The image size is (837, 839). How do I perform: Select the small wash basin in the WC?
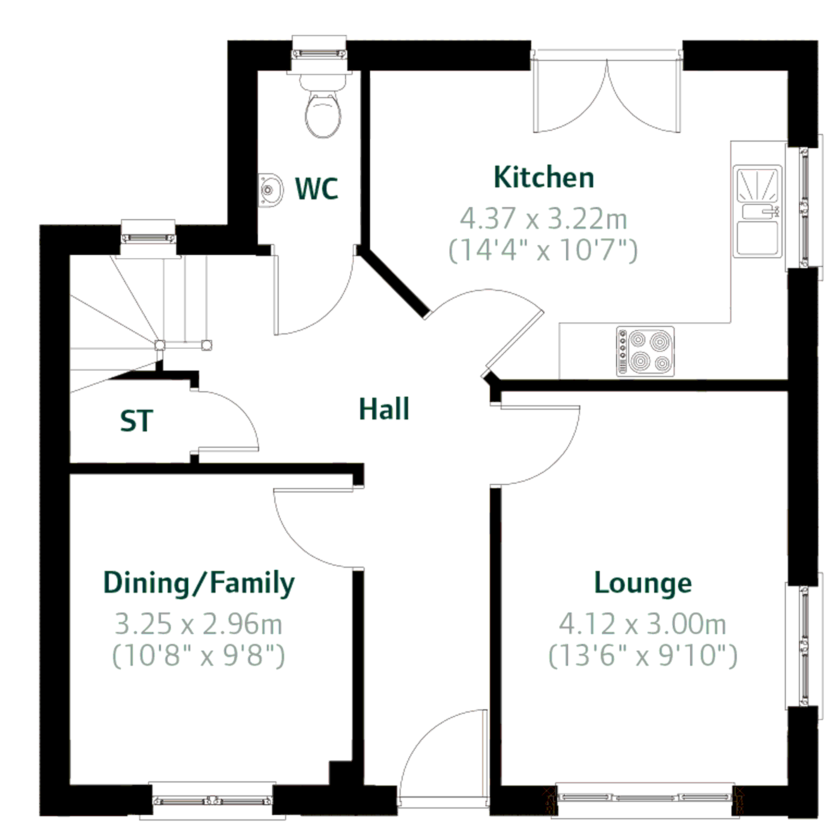270,190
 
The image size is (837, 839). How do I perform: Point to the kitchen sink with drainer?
757,211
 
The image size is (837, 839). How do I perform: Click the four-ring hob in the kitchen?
646,351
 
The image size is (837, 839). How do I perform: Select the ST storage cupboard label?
137,421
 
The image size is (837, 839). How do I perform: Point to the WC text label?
317,188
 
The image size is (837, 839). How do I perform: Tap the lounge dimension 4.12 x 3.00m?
643,624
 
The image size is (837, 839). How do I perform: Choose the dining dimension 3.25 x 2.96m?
199,624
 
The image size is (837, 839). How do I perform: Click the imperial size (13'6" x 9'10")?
643,656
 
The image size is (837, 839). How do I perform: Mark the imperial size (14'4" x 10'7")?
543,251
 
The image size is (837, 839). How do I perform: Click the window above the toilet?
320,54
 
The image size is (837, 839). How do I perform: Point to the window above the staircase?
148,238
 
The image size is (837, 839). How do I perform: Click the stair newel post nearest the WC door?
207,345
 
